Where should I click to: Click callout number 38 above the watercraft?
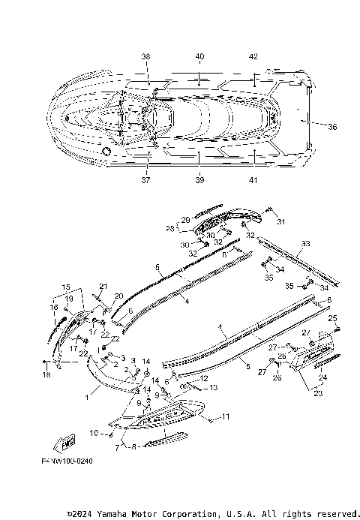(145, 56)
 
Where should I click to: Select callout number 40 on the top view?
(199, 56)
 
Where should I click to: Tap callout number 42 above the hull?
(253, 56)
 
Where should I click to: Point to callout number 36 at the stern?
(332, 127)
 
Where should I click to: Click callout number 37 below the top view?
(145, 180)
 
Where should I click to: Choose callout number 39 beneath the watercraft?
(199, 180)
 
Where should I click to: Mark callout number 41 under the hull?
(253, 180)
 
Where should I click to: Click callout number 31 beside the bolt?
(282, 222)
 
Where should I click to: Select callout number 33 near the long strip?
(304, 244)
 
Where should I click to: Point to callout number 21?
(103, 286)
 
